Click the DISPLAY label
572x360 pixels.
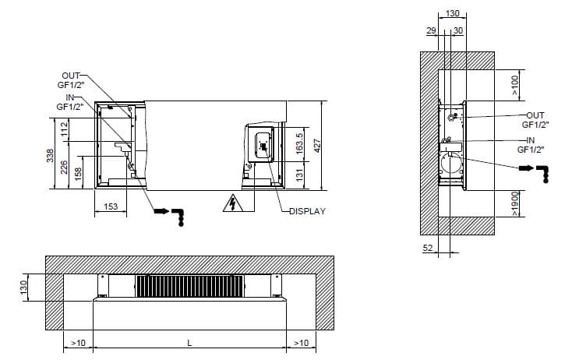307,210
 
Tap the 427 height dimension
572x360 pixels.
319,145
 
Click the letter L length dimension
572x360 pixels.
189,343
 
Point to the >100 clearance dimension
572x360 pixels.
516,85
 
